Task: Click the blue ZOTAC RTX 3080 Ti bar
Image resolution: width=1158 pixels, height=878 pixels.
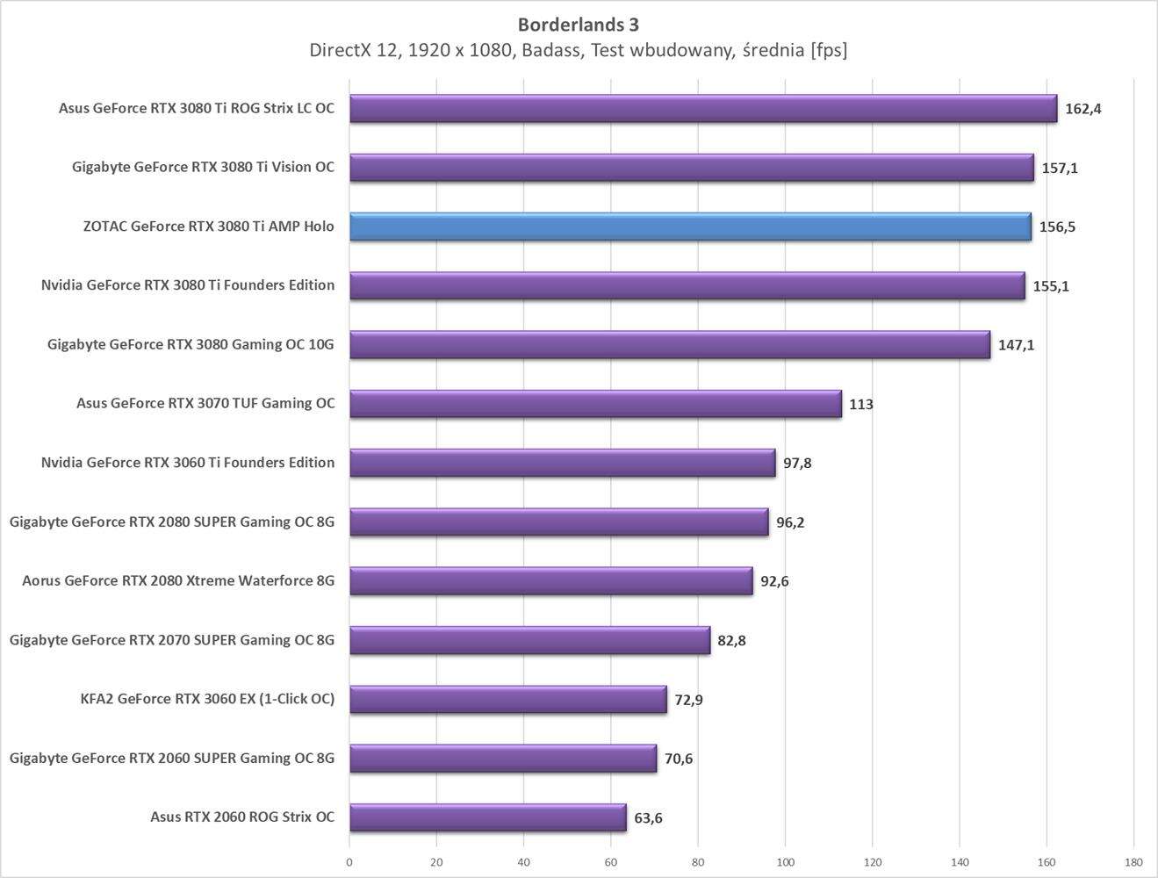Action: (690, 227)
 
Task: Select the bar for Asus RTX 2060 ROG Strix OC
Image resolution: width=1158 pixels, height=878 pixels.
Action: (487, 817)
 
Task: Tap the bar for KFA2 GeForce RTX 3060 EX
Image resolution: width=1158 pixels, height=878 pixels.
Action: (507, 699)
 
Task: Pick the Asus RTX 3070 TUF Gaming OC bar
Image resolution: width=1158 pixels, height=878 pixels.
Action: (595, 404)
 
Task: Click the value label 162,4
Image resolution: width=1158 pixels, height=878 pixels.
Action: (1082, 109)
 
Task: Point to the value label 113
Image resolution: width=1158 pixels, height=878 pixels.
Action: (860, 405)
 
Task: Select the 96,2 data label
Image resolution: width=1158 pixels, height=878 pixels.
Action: (790, 522)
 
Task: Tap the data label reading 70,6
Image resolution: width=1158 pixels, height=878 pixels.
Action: (679, 759)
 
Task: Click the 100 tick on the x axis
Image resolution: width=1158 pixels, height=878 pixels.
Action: (785, 862)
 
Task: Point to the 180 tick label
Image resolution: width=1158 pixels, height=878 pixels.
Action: (1133, 862)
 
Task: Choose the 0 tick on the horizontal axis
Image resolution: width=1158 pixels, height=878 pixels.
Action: (349, 862)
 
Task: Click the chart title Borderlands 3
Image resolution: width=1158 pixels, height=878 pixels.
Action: (578, 24)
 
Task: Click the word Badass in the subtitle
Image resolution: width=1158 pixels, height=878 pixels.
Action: (552, 50)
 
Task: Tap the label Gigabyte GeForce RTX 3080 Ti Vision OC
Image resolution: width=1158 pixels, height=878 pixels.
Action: (203, 167)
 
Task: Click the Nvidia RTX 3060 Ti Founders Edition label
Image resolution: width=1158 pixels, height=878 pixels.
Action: (188, 463)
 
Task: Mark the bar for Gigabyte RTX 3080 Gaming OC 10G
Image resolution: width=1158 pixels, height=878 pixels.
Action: (669, 345)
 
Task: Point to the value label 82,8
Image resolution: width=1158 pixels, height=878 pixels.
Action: (731, 641)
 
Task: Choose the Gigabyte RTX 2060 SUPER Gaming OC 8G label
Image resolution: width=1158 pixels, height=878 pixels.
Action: (172, 758)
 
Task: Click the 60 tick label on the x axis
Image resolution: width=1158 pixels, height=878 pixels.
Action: (611, 862)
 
